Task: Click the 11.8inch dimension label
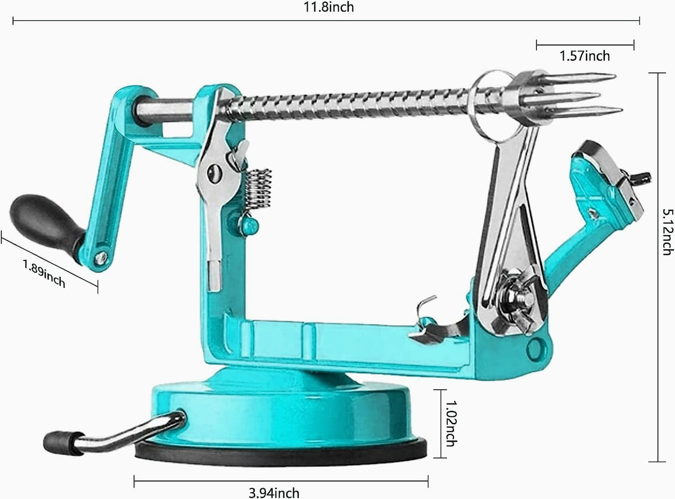point(328,7)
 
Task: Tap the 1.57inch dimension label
point(585,56)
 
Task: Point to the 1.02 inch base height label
point(450,423)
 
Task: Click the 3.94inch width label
point(274,493)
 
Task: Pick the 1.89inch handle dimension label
point(44,273)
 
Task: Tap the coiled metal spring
point(258,190)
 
